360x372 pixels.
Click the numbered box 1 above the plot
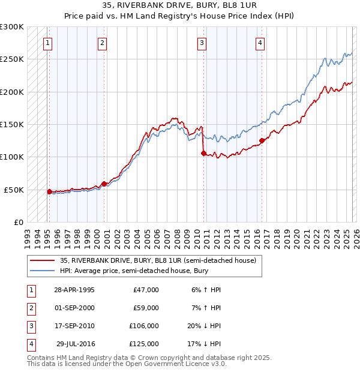(47, 43)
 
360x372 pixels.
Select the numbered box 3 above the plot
(202, 43)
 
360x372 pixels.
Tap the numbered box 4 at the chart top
(260, 43)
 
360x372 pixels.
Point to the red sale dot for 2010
(203, 153)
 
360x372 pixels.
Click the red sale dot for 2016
(262, 141)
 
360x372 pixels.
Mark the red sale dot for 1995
(49, 191)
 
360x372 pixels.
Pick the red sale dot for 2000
(104, 184)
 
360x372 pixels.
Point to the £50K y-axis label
(14, 190)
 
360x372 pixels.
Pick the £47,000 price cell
(145, 289)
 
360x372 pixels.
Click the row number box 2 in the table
(31, 308)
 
